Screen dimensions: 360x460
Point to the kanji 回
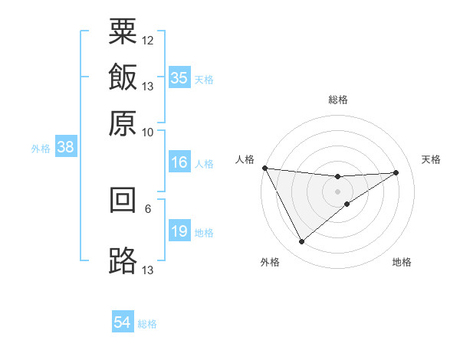[123, 200]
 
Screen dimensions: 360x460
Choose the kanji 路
[123, 261]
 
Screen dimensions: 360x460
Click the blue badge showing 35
[179, 78]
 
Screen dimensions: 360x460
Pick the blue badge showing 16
[179, 162]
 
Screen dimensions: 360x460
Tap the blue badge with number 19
[179, 231]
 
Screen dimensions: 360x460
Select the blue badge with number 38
[65, 148]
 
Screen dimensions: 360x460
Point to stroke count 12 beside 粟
[148, 40]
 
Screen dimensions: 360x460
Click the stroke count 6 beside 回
[148, 208]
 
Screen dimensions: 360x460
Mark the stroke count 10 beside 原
[148, 132]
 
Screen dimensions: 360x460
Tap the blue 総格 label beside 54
[147, 324]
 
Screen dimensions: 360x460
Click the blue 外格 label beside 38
[41, 149]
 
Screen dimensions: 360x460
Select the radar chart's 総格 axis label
[338, 100]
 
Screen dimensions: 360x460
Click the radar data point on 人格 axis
[264, 168]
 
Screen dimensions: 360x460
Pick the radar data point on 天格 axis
[396, 172]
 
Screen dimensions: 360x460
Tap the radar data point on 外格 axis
[301, 242]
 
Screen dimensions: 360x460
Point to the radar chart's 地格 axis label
[402, 263]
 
